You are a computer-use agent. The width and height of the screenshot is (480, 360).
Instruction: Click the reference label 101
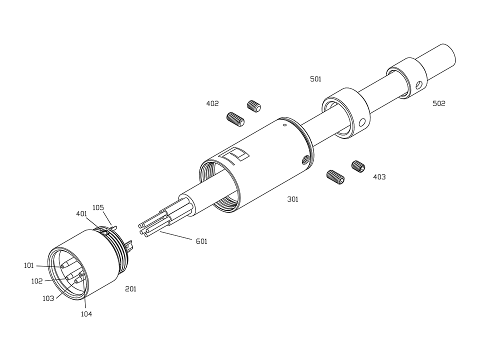[29, 265]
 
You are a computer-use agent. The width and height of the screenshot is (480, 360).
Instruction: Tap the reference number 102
[37, 281]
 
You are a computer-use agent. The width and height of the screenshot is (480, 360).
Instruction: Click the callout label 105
[98, 207]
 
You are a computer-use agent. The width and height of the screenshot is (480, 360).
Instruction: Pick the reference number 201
[130, 289]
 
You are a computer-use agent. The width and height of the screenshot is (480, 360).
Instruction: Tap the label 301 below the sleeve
[292, 199]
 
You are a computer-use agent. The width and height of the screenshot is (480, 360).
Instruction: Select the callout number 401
[82, 213]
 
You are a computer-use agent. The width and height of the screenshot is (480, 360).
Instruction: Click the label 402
[212, 104]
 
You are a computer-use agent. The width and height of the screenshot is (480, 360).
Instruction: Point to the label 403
[379, 177]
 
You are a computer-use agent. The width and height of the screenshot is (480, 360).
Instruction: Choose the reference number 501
[315, 79]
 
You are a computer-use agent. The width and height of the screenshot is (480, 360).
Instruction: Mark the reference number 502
[439, 104]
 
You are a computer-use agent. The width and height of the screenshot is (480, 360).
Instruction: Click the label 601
[201, 241]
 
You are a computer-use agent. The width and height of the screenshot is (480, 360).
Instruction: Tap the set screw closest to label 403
[358, 166]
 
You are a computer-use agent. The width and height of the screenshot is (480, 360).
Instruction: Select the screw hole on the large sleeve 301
[303, 160]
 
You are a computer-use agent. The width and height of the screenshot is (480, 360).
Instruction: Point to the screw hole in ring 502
[419, 85]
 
